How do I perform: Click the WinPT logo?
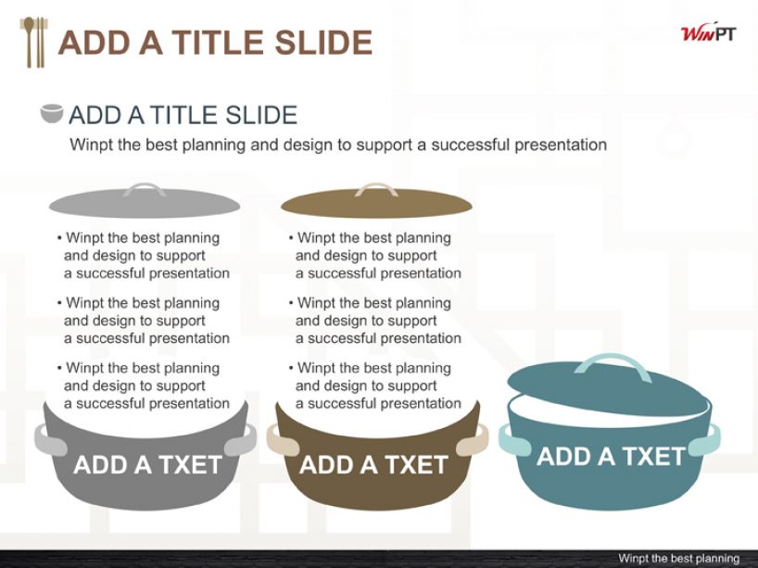click(709, 33)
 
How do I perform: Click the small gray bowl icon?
click(52, 114)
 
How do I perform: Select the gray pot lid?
click(145, 201)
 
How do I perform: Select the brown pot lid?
click(376, 201)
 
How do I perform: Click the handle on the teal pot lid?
click(613, 363)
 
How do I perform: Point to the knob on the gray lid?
click(145, 188)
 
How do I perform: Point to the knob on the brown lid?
click(376, 188)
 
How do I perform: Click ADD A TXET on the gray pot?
click(147, 465)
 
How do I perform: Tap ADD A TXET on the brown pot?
click(373, 465)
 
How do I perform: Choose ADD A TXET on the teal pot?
click(611, 456)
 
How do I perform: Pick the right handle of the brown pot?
click(473, 439)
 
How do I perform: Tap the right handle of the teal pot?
click(703, 439)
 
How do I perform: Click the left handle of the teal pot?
click(514, 439)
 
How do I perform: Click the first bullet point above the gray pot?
click(143, 255)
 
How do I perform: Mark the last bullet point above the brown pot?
click(375, 385)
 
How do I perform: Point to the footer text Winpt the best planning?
click(678, 559)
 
